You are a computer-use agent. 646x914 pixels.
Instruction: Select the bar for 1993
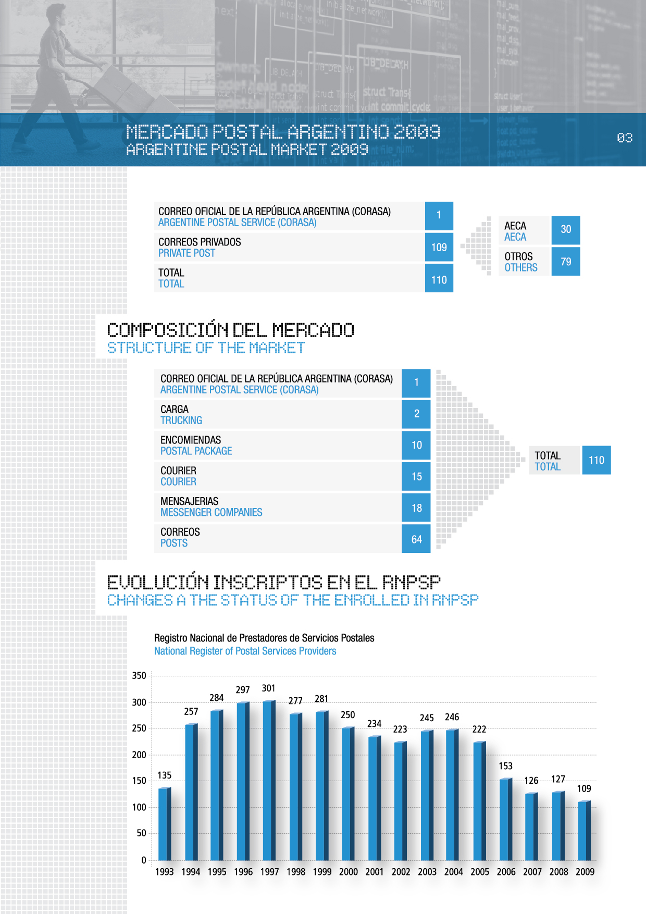pos(164,823)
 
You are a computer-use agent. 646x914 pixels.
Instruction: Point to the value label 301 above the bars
pos(268,688)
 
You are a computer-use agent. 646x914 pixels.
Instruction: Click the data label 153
pos(505,766)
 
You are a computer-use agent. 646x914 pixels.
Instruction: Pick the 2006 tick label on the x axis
pos(506,872)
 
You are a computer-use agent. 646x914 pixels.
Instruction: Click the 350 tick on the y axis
pos(139,676)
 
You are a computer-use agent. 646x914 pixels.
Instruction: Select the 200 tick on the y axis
pos(139,755)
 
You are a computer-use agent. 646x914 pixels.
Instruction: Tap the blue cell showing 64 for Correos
pos(416,539)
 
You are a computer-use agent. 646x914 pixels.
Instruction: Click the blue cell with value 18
pos(416,508)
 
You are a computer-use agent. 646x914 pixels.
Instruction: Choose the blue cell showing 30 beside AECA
pos(566,229)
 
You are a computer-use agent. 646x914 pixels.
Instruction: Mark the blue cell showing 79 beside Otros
pos(566,262)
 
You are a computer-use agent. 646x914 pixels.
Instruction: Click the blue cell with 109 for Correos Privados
pos(439,248)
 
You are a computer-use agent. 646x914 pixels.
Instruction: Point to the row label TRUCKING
pos(181,421)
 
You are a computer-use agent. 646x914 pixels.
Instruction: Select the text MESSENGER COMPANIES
pos(212,513)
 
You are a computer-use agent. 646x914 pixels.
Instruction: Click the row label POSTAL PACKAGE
pos(196,451)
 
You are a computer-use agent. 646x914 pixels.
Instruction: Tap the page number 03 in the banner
pos(625,138)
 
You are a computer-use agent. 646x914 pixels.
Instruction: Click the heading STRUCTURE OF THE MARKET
pos(206,348)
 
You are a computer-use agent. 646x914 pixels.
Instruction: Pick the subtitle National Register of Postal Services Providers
pos(245,651)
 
